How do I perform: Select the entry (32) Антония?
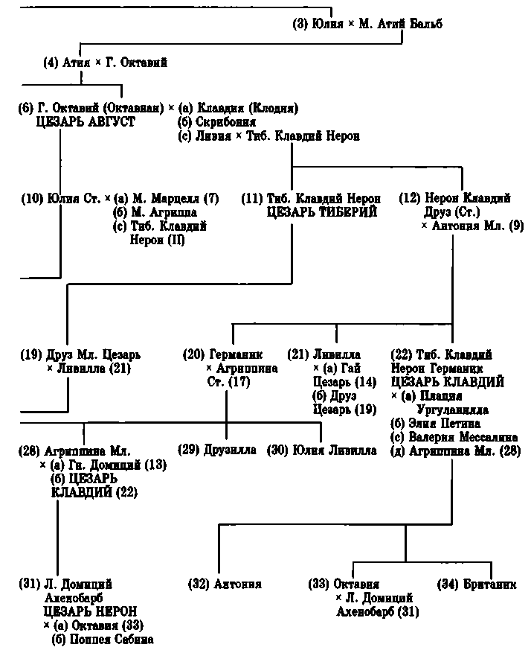pos(225,584)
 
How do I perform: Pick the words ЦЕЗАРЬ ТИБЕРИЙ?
pos(313,212)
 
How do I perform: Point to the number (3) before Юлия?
pos(300,25)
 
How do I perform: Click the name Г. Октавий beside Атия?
pos(137,63)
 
